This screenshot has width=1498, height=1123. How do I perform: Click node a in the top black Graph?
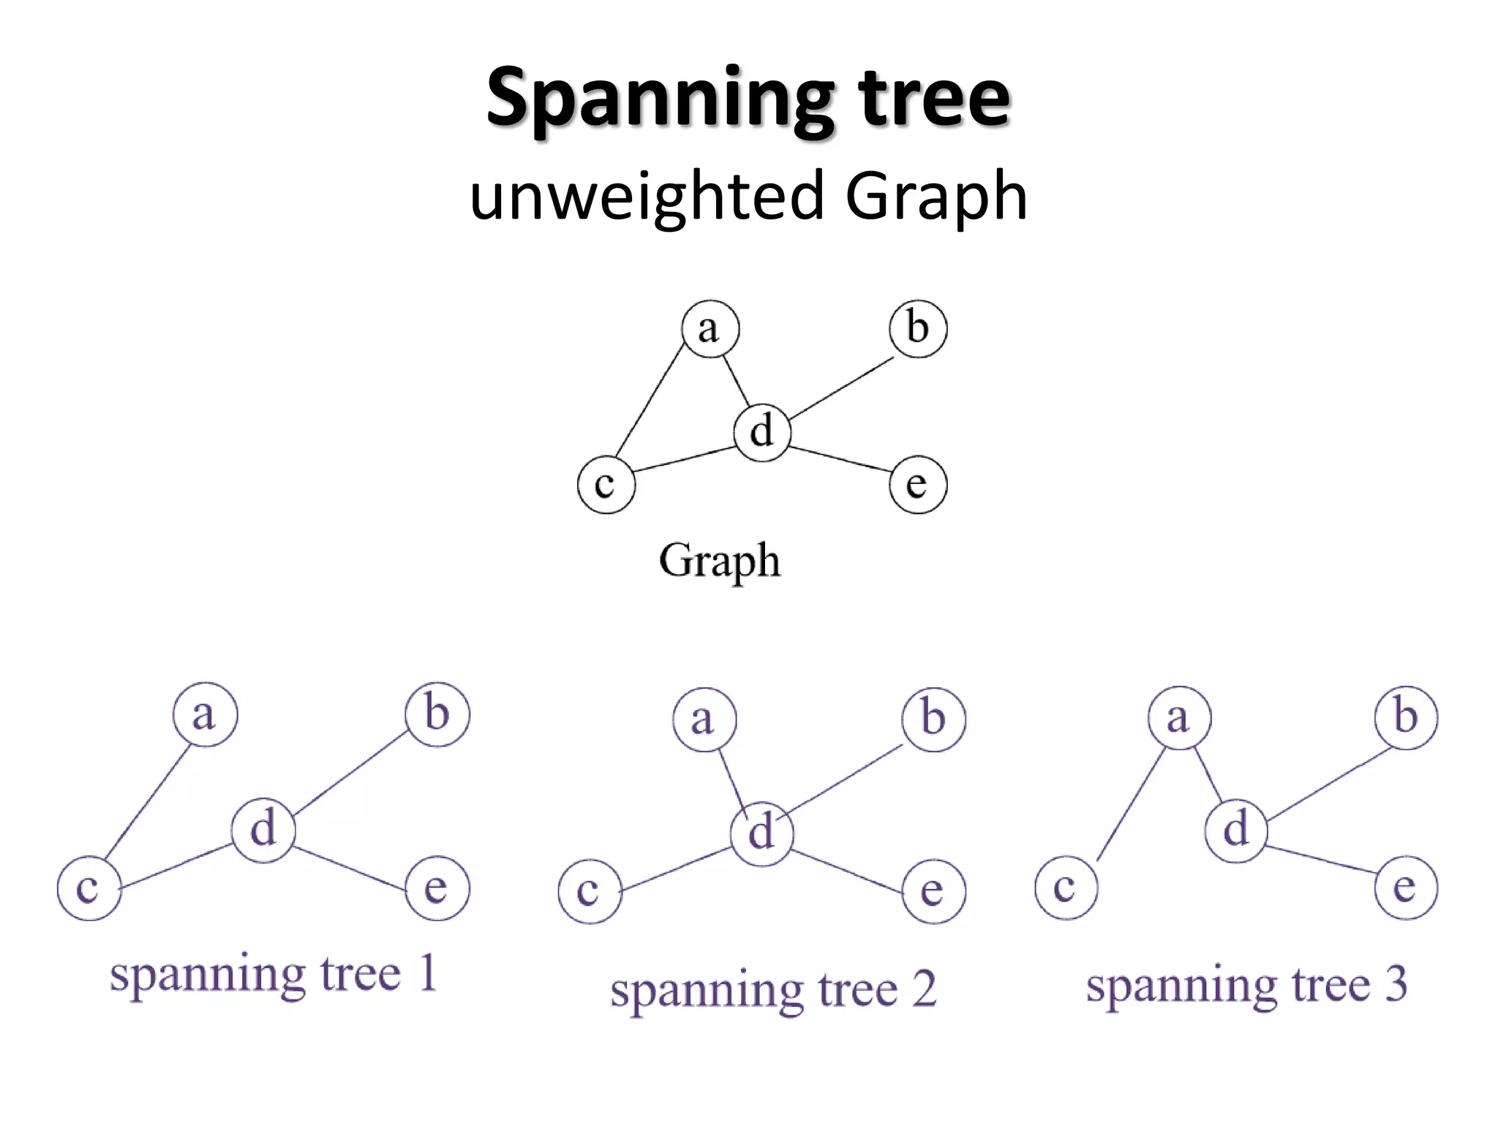tap(710, 329)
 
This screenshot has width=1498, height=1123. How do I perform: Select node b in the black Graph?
tap(918, 329)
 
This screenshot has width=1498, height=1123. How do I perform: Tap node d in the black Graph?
tap(762, 432)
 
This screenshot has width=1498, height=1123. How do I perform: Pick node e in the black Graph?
tap(918, 485)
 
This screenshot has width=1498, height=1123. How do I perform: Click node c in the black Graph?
tap(606, 485)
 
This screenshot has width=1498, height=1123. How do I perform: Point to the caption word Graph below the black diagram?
tap(719, 561)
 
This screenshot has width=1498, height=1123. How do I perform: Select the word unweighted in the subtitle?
tap(647, 196)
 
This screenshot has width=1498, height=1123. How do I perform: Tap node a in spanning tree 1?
tap(205, 714)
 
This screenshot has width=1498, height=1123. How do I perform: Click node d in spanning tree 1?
tap(263, 831)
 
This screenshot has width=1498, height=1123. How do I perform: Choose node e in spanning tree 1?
tap(437, 888)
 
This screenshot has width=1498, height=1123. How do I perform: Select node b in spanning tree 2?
tap(933, 719)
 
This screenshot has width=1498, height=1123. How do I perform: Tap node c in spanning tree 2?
tap(590, 891)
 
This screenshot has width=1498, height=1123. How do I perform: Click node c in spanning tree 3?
tap(1066, 888)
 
